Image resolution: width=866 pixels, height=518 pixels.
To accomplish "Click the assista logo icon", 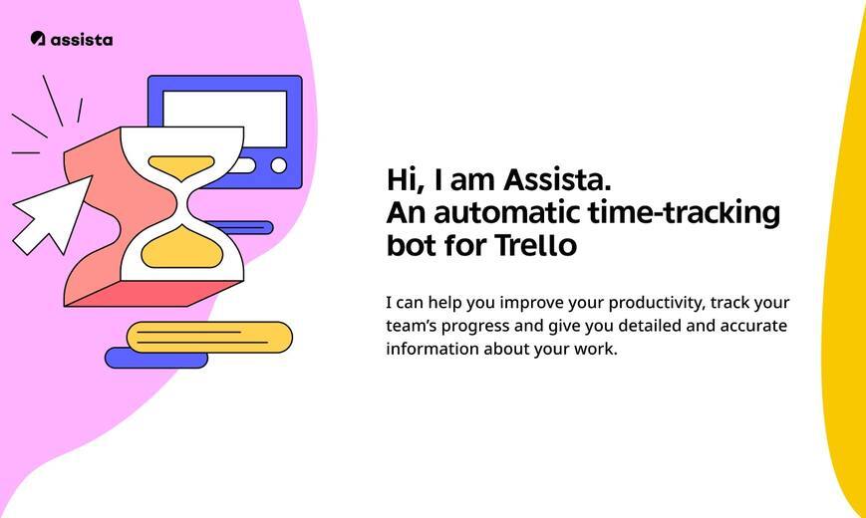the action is point(38,38).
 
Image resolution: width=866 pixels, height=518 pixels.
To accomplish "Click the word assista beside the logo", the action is point(82,39).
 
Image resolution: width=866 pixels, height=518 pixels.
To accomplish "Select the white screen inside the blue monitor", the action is point(225,119).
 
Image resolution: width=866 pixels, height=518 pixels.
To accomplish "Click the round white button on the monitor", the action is point(279,165).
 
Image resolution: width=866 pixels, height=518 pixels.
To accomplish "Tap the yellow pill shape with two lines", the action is point(209,337).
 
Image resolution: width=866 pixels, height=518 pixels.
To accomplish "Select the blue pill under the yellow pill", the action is point(156,359).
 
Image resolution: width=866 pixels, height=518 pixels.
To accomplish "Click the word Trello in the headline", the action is point(535,245).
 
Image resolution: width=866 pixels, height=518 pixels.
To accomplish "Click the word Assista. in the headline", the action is point(557,180).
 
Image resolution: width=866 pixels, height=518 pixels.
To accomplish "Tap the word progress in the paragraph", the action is point(475,327).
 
